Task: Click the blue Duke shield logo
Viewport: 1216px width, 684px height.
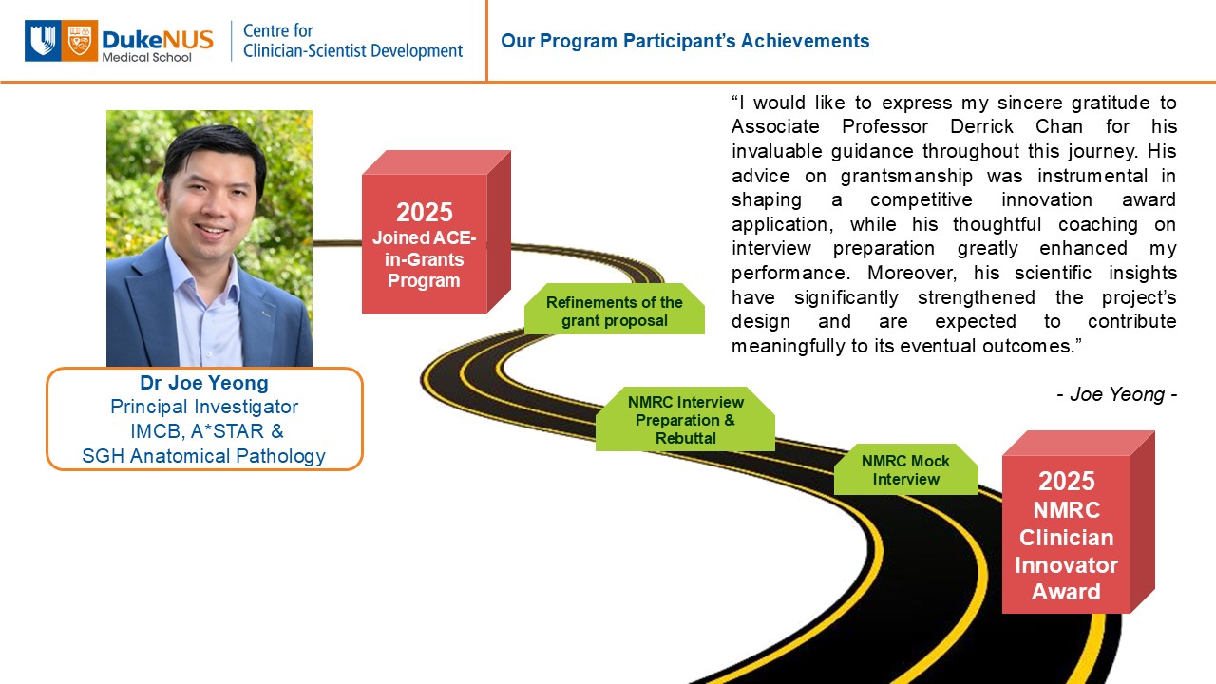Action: tap(43, 41)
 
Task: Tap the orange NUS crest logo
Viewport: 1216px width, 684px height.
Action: tap(79, 41)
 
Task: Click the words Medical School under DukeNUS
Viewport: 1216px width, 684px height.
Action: tap(146, 58)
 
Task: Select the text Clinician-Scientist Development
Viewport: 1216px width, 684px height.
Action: tap(352, 51)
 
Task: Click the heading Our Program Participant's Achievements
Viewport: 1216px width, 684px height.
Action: tap(685, 41)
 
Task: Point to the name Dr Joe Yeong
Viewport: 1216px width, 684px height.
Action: tap(204, 383)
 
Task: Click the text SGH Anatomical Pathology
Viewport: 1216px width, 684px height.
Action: tap(203, 456)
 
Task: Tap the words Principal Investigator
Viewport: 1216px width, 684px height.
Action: tap(204, 407)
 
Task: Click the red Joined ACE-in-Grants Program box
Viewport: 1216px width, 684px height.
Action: tap(436, 232)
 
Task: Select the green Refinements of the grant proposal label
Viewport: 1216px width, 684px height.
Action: tap(615, 309)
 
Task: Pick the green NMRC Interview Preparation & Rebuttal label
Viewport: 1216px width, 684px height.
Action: tap(685, 419)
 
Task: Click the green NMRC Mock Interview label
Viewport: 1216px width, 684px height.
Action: tap(906, 469)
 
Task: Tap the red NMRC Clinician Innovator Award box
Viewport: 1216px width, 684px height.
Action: tap(1078, 522)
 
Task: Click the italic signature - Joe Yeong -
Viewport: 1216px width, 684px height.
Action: tap(1116, 394)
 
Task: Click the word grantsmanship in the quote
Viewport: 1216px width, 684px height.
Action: tap(906, 176)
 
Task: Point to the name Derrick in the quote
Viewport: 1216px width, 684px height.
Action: tap(981, 126)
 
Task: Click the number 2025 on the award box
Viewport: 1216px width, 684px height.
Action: tap(1067, 481)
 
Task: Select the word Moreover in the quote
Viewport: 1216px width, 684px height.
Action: tap(911, 273)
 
